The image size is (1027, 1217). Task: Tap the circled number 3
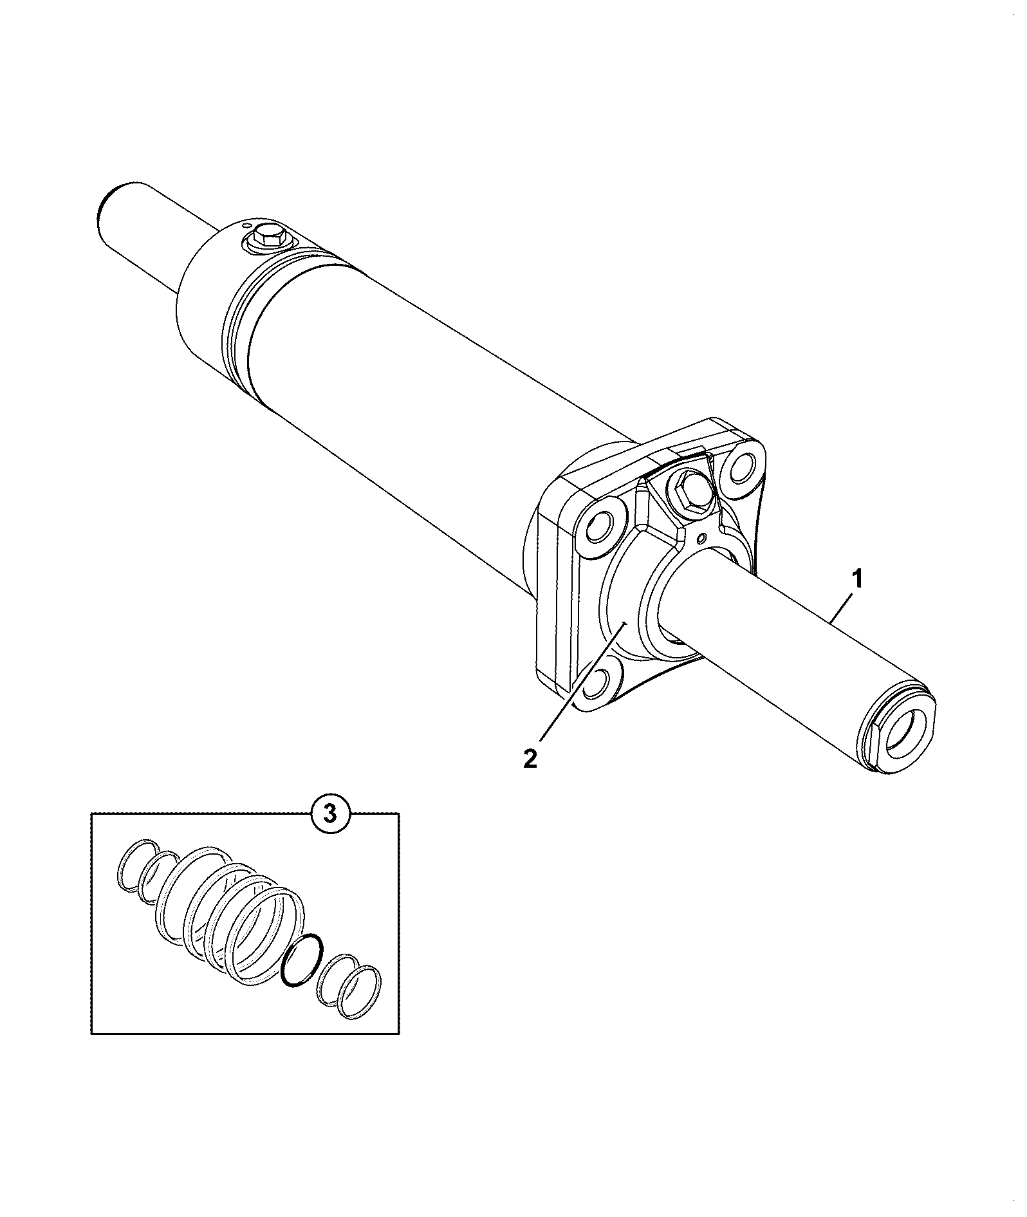click(x=329, y=815)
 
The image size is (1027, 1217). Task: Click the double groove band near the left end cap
click(x=241, y=335)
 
